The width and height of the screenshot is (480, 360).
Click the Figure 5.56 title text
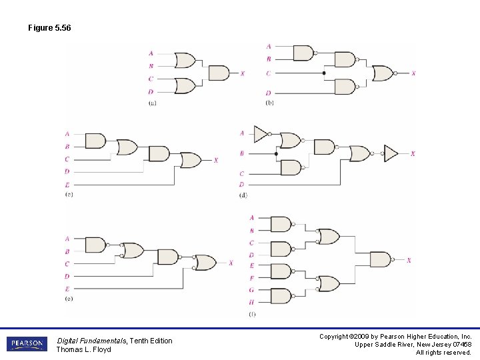coord(49,28)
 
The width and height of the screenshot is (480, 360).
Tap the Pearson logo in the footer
coord(27,344)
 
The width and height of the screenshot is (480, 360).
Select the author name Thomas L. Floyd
coord(84,349)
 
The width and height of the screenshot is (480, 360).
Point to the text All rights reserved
coord(443,352)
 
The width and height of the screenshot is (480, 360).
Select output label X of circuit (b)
coord(413,73)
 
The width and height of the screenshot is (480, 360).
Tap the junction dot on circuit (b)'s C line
coord(324,73)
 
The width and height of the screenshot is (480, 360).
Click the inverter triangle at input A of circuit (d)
coord(261,133)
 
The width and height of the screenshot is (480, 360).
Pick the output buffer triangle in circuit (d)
coord(391,154)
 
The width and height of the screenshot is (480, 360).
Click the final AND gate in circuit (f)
coord(380,260)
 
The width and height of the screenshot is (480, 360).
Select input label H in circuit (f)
coord(251,302)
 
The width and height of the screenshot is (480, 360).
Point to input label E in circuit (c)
coord(67,184)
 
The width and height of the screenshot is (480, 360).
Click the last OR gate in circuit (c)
coord(191,160)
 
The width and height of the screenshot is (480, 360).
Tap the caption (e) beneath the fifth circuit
coord(69,299)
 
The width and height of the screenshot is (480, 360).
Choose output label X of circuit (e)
coord(231,263)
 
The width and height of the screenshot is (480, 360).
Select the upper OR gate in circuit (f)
coord(328,237)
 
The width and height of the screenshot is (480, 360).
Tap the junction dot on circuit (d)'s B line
coord(276,154)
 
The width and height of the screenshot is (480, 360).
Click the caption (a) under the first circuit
coord(153,103)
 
